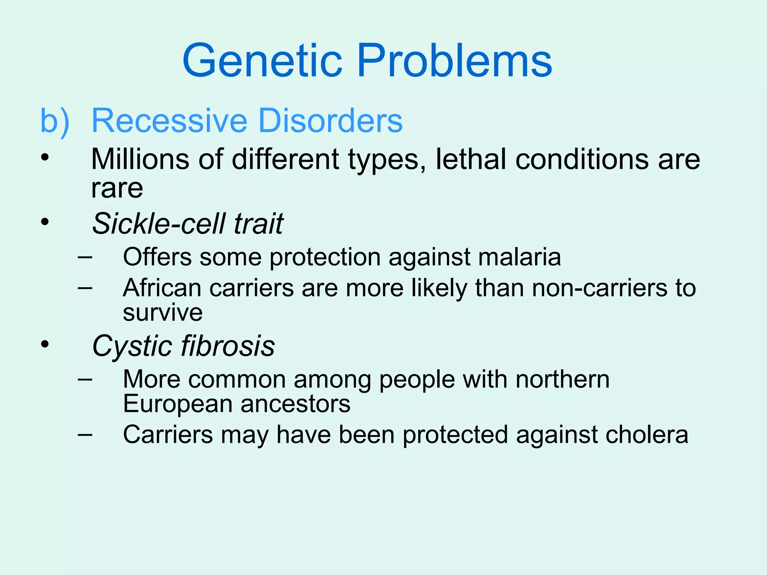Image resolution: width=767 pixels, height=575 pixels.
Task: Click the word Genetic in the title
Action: tap(262, 61)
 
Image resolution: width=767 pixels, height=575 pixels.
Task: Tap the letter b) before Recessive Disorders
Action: tap(55, 121)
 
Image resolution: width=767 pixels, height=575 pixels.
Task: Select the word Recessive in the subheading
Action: tap(169, 121)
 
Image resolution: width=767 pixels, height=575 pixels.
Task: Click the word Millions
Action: tap(140, 159)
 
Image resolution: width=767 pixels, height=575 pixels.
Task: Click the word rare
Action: tap(117, 188)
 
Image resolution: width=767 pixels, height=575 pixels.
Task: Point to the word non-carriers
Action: tap(600, 288)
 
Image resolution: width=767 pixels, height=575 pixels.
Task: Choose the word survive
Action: tap(163, 313)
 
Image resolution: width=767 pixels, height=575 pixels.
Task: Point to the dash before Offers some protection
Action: tap(85, 257)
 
